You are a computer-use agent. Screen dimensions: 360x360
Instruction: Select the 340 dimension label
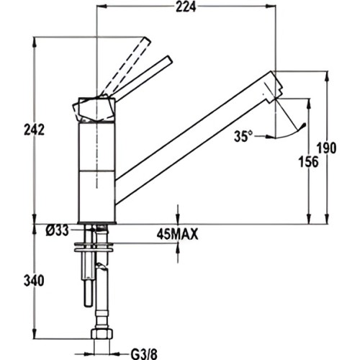tap(17, 279)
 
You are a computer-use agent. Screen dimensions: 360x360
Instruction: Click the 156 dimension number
tap(307, 163)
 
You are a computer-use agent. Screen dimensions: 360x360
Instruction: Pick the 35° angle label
tap(243, 135)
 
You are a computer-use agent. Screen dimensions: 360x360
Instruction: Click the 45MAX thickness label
tap(176, 234)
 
